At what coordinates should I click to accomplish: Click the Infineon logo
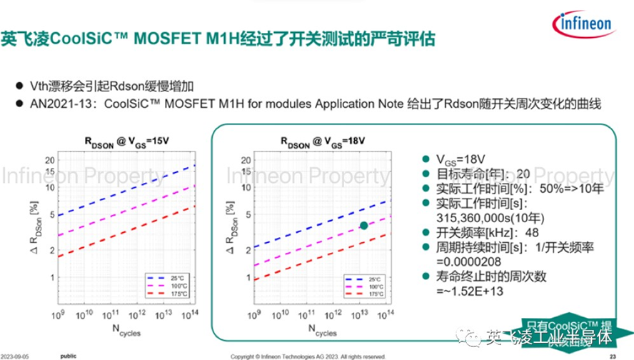pos(585,24)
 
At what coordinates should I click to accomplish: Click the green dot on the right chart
pos(364,225)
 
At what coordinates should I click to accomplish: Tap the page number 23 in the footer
pos(612,355)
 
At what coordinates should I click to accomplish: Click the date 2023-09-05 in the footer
pos(19,355)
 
